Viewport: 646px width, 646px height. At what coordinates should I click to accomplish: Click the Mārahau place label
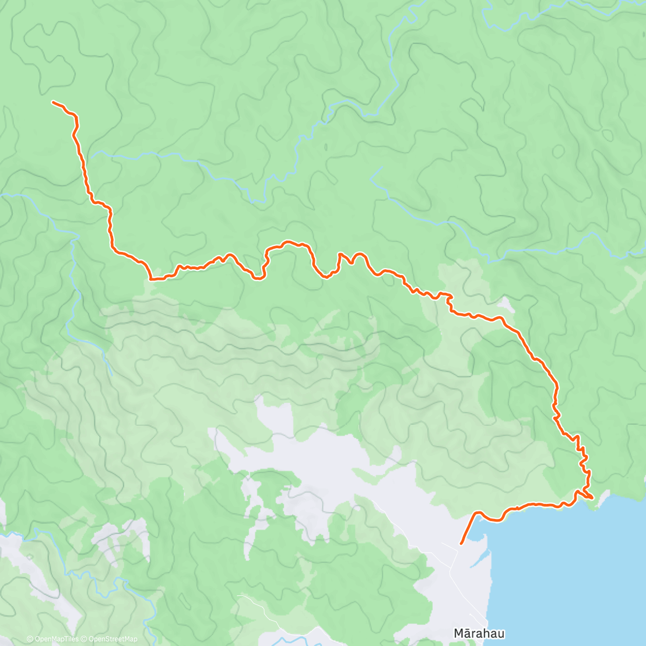click(x=479, y=633)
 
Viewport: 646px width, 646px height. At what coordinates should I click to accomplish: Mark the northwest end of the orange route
click(x=53, y=101)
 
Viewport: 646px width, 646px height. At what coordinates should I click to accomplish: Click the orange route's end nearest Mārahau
click(x=461, y=544)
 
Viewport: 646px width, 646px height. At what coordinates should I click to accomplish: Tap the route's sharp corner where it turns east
click(x=151, y=279)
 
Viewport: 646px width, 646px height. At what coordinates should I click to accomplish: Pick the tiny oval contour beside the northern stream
click(x=326, y=146)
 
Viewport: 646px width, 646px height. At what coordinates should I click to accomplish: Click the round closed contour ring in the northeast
click(x=607, y=135)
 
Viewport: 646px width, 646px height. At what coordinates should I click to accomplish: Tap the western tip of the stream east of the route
click(x=371, y=178)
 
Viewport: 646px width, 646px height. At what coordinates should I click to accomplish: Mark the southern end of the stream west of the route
click(x=111, y=374)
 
